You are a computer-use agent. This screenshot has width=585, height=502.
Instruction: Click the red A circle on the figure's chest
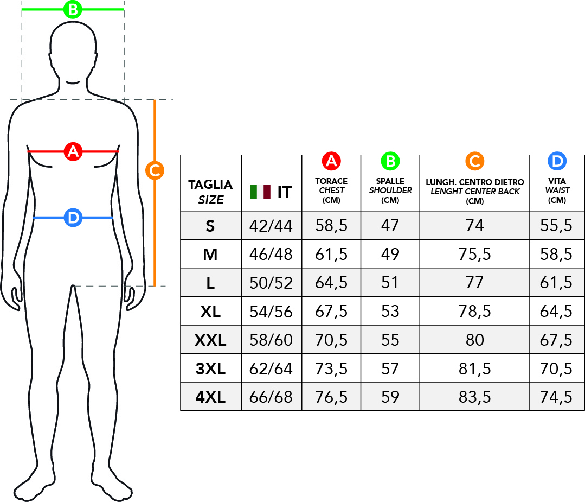coord(73,151)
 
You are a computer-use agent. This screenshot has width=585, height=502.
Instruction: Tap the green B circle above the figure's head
coord(73,9)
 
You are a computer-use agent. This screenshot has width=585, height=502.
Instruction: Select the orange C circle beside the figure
coord(155,170)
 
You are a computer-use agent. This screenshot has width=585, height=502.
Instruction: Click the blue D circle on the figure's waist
coord(73,218)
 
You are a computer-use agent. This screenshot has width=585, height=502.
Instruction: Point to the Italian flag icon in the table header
coord(260,192)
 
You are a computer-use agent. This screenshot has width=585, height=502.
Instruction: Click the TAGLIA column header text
coord(210,185)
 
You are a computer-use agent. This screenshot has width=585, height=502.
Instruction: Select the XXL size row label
coord(210,340)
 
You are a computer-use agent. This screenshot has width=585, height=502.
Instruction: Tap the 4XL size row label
coord(210,397)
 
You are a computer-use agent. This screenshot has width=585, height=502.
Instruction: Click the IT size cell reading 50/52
coord(271,283)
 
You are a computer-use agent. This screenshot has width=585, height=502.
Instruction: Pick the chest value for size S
coord(331,226)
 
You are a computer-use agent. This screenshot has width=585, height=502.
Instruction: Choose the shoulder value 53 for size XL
coord(390,312)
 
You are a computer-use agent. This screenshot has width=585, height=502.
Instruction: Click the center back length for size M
coord(474,255)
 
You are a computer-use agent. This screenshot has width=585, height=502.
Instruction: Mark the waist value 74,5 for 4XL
coord(556,397)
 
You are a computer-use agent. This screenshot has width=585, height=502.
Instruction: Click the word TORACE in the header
coord(331,181)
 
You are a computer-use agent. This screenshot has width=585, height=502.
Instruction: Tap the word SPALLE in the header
coord(390,181)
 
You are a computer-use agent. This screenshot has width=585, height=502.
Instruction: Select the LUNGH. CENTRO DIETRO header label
coord(475,182)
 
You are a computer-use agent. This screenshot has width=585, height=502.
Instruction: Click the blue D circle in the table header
coord(557,161)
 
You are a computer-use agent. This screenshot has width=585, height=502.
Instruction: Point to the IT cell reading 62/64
coord(271,369)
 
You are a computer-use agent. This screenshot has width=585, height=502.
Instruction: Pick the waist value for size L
coord(556,283)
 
